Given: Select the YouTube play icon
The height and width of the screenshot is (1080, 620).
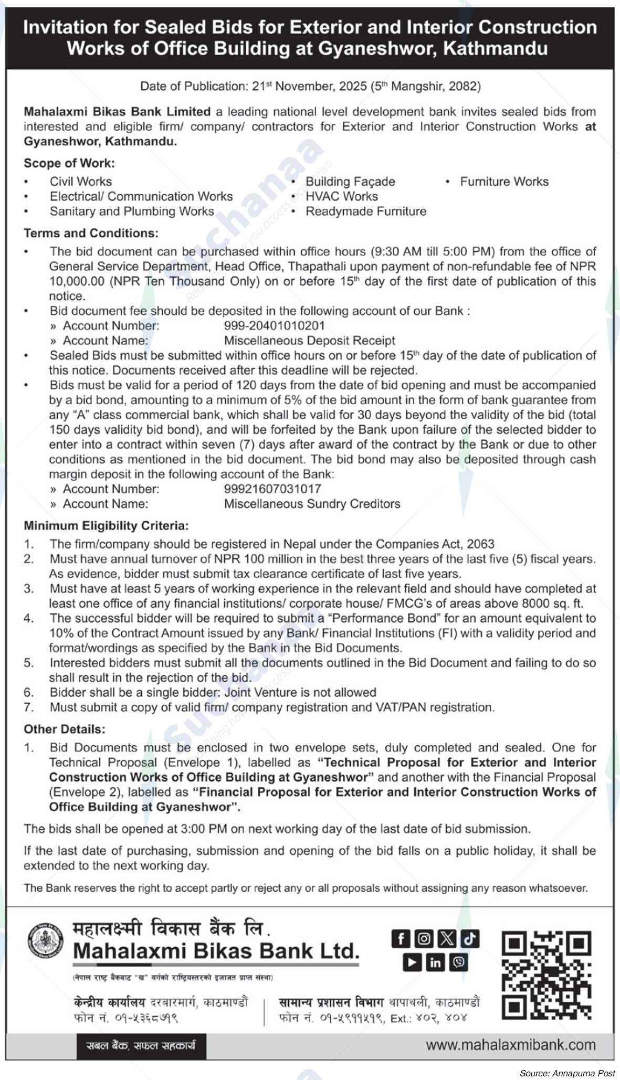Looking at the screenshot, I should [413, 962].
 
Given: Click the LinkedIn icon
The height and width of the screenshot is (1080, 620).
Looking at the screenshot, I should [435, 962].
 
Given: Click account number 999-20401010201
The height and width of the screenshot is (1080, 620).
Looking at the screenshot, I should [274, 325].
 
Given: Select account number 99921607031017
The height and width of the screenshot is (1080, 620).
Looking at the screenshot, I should [272, 489].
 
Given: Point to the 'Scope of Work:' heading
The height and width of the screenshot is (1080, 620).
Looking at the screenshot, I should [69, 163].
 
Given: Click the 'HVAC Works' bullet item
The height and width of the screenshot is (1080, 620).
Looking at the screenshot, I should [341, 196].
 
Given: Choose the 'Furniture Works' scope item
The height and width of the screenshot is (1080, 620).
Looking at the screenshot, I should [504, 182].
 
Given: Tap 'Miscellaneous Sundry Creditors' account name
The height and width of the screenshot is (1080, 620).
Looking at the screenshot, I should [312, 504].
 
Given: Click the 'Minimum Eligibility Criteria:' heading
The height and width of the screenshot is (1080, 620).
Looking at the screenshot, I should [106, 525].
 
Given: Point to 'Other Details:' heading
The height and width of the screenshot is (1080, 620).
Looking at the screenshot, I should [64, 729].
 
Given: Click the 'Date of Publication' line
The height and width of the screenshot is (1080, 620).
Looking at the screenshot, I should [310, 86].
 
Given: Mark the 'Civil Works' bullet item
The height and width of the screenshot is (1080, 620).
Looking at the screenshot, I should [80, 182].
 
